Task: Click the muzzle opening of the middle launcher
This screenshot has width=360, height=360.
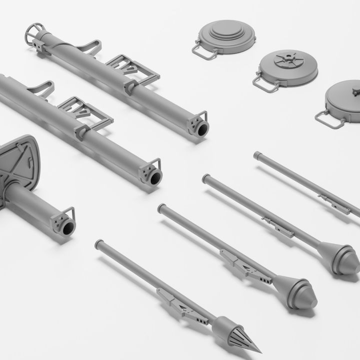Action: (154, 176)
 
